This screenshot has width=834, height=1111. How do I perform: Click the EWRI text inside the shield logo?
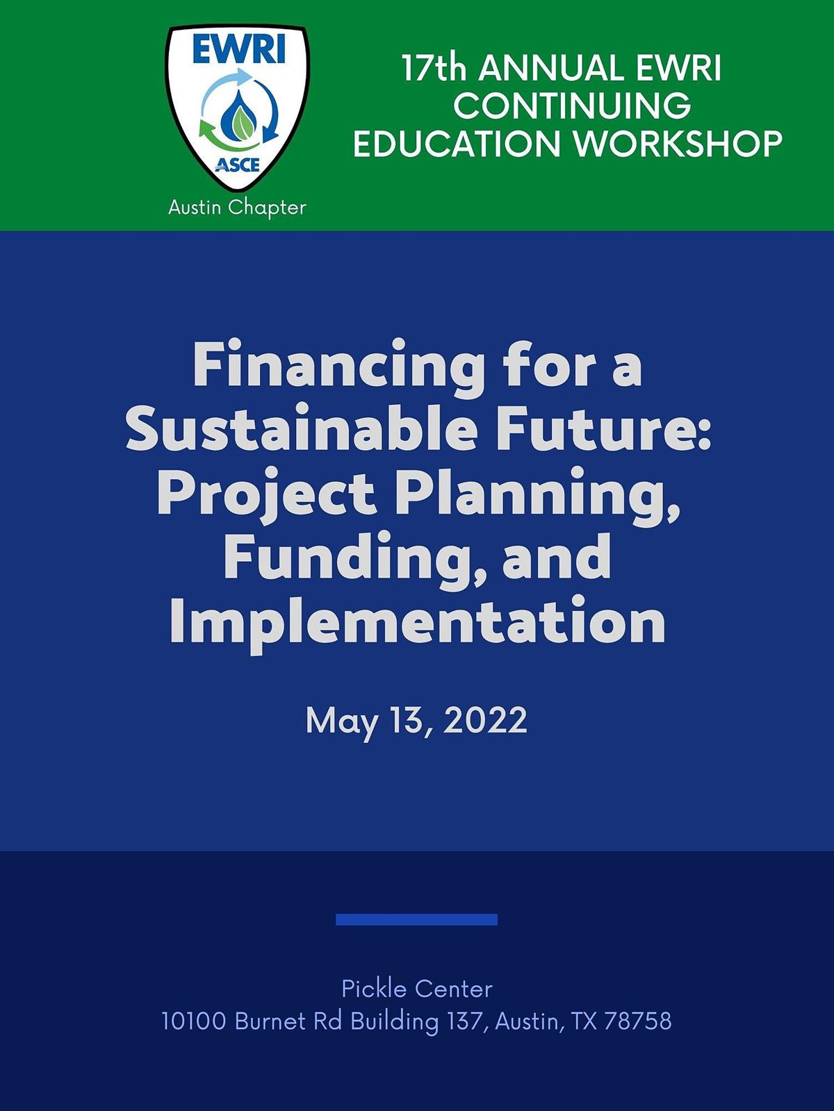click(x=238, y=50)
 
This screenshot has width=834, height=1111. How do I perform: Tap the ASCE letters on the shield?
click(x=237, y=165)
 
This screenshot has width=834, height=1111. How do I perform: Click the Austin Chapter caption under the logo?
click(x=237, y=207)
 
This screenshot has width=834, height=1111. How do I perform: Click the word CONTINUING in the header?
click(x=572, y=106)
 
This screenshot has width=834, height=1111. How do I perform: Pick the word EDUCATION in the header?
click(x=457, y=144)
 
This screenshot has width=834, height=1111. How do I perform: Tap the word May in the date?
click(x=341, y=721)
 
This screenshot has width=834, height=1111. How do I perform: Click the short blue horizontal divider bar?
click(x=416, y=919)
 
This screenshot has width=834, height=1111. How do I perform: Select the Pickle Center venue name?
click(x=417, y=988)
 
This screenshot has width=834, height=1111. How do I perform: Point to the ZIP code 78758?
click(x=637, y=1021)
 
